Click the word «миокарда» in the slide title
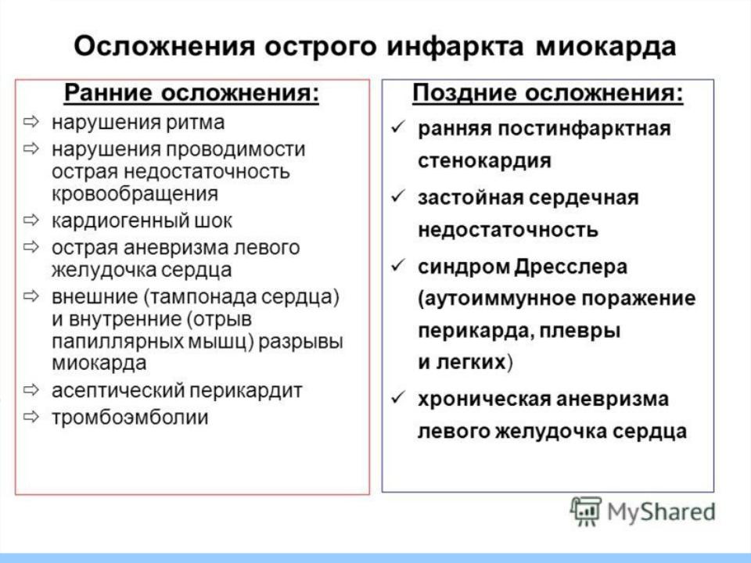(x=605, y=47)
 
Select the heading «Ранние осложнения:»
(x=192, y=93)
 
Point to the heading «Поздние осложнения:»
(x=548, y=93)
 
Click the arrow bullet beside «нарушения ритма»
(x=31, y=122)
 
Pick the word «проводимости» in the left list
(x=235, y=150)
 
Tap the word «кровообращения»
(x=135, y=194)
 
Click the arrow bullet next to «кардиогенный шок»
(x=31, y=221)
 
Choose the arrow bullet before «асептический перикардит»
(x=31, y=389)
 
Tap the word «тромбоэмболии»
(x=131, y=418)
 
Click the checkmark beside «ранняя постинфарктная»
(x=398, y=127)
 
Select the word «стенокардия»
(x=485, y=161)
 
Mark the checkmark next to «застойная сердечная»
(x=398, y=196)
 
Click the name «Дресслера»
(x=571, y=267)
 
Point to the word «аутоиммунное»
(x=498, y=299)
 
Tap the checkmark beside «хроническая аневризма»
(x=398, y=397)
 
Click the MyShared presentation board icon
(x=585, y=511)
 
